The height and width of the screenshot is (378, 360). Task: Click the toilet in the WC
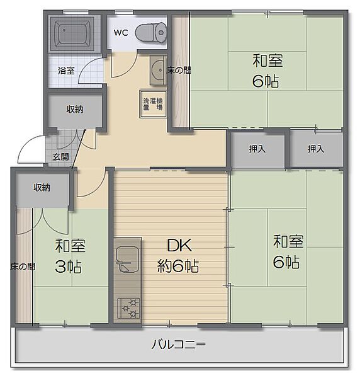tap(151, 31)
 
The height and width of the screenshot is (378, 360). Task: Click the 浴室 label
tap(65, 71)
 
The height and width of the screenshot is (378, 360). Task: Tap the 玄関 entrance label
tap(60, 156)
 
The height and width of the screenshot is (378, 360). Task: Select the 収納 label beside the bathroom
tap(75, 109)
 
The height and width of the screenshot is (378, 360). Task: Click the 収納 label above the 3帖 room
tap(42, 187)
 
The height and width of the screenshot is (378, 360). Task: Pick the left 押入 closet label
tap(257, 149)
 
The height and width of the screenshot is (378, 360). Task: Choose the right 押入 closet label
tap(316, 149)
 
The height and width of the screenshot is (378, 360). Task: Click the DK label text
tap(178, 246)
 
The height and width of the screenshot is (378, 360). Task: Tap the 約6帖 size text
tap(178, 266)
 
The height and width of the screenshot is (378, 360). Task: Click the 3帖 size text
tap(69, 266)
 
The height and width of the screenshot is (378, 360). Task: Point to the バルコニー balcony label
tap(179, 345)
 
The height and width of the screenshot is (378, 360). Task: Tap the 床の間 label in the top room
tap(179, 71)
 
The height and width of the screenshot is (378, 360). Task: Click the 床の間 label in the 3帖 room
tap(23, 266)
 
